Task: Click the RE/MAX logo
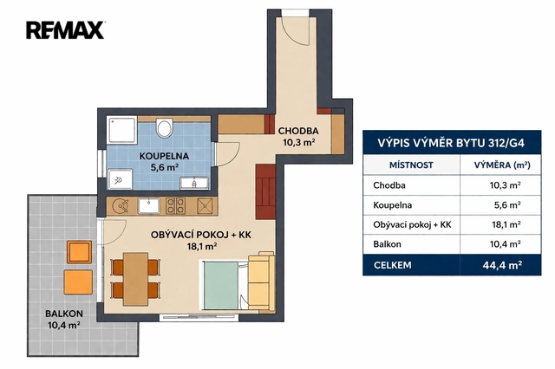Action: (x=66, y=30)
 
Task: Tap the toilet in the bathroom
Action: (x=164, y=128)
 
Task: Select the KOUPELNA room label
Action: (x=164, y=156)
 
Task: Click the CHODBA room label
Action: (x=298, y=131)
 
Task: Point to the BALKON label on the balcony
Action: (x=64, y=314)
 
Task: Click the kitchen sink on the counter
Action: (x=148, y=205)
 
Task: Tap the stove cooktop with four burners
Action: (x=175, y=206)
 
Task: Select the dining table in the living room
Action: (x=135, y=279)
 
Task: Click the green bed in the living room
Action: (x=222, y=286)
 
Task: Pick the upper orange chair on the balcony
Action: (x=80, y=252)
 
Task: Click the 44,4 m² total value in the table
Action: (x=502, y=265)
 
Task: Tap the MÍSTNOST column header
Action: (x=411, y=165)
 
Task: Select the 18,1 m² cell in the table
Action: (x=506, y=225)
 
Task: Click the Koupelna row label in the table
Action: (x=393, y=205)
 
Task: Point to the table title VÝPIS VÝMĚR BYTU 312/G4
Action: (x=451, y=143)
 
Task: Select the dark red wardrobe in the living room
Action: (x=265, y=191)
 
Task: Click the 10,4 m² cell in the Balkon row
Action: (x=505, y=244)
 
